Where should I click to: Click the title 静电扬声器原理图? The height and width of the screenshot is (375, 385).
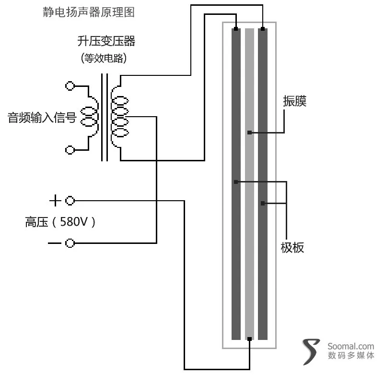[89, 12]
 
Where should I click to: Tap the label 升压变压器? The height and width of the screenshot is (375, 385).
[106, 41]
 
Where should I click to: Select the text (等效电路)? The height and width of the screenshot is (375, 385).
[104, 58]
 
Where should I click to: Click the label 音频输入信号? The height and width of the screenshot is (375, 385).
[42, 117]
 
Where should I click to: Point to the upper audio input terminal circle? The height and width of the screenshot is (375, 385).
[70, 86]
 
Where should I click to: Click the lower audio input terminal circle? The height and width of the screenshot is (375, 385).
[70, 150]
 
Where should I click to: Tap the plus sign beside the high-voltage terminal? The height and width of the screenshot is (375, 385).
[55, 200]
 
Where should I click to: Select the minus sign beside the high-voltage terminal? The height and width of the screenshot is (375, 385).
[55, 243]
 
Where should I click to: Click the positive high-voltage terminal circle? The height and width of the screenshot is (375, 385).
[70, 201]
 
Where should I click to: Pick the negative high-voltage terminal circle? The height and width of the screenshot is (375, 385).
[70, 243]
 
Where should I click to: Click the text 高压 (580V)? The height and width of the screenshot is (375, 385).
[60, 222]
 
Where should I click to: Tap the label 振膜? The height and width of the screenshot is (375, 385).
[295, 101]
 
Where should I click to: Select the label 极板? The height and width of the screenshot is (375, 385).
[292, 247]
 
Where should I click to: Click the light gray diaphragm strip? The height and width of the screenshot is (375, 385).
[249, 184]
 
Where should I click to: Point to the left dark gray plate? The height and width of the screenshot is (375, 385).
[236, 184]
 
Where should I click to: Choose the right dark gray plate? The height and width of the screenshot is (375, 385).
[263, 184]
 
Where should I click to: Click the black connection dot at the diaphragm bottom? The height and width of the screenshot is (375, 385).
[249, 339]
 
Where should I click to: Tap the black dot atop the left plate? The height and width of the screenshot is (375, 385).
[236, 29]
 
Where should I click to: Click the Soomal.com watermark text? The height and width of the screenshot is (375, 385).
[350, 346]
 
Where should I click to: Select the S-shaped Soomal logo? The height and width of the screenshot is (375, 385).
[311, 351]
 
